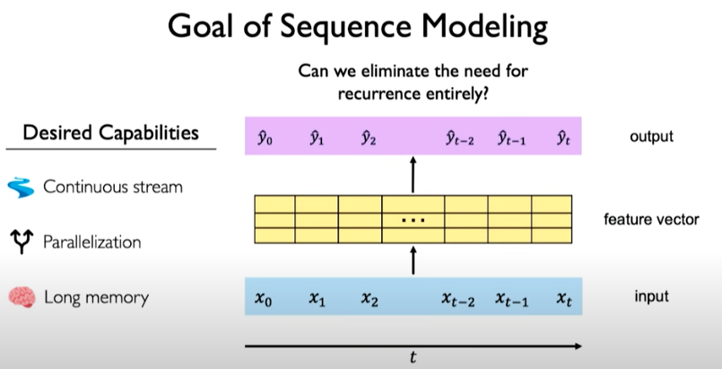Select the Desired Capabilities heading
coord(110,133)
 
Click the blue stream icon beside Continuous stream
coord(20,188)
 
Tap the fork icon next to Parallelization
coord(20,242)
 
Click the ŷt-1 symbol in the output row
coord(513,137)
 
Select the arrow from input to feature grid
coord(413,261)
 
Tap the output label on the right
coord(650,137)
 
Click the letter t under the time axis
coord(413,357)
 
